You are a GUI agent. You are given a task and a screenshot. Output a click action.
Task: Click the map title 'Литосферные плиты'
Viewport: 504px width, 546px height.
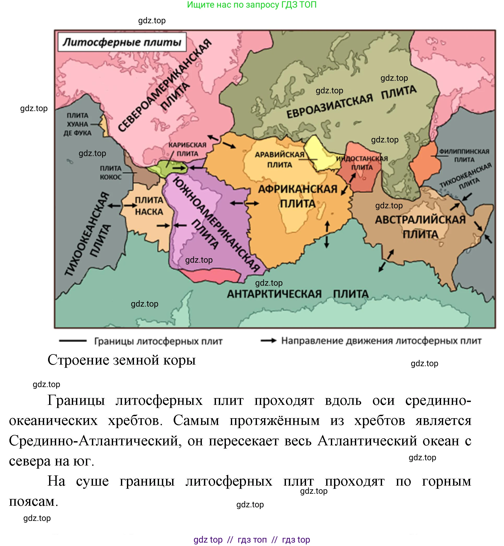pos(122,42)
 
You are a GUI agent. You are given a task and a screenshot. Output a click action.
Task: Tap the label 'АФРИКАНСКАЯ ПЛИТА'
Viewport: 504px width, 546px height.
pos(297,196)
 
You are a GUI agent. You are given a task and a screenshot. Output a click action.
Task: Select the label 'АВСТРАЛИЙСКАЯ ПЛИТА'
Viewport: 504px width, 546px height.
pos(420,227)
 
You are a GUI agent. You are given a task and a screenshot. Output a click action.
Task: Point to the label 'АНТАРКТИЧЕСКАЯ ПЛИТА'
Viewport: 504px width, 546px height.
pos(297,294)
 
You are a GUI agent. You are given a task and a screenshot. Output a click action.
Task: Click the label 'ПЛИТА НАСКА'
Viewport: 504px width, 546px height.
pos(149,206)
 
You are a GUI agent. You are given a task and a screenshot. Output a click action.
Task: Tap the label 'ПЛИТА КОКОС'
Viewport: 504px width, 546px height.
pos(110,173)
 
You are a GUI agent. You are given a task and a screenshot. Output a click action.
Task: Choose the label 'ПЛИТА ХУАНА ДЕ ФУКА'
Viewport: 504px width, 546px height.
pos(78,124)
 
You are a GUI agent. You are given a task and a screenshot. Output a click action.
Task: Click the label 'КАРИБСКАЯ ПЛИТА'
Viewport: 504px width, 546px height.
pos(187,149)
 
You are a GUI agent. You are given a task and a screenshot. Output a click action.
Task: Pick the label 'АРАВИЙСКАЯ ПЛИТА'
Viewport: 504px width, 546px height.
pos(279,160)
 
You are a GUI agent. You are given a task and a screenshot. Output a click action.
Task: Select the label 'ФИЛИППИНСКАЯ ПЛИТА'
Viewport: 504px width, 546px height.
pos(464,155)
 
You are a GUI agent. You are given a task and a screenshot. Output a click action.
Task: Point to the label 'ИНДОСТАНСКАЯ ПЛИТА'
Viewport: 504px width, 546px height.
pos(362,163)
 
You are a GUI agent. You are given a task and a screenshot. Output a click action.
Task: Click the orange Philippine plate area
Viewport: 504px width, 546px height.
pos(425,164)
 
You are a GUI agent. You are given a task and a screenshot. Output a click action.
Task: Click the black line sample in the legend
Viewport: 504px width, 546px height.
pos(73,341)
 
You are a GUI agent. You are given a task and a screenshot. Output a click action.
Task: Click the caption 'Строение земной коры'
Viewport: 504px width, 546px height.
pos(122,360)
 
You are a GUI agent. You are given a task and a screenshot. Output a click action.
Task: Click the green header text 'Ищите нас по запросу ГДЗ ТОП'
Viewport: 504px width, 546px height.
pos(251,5)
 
